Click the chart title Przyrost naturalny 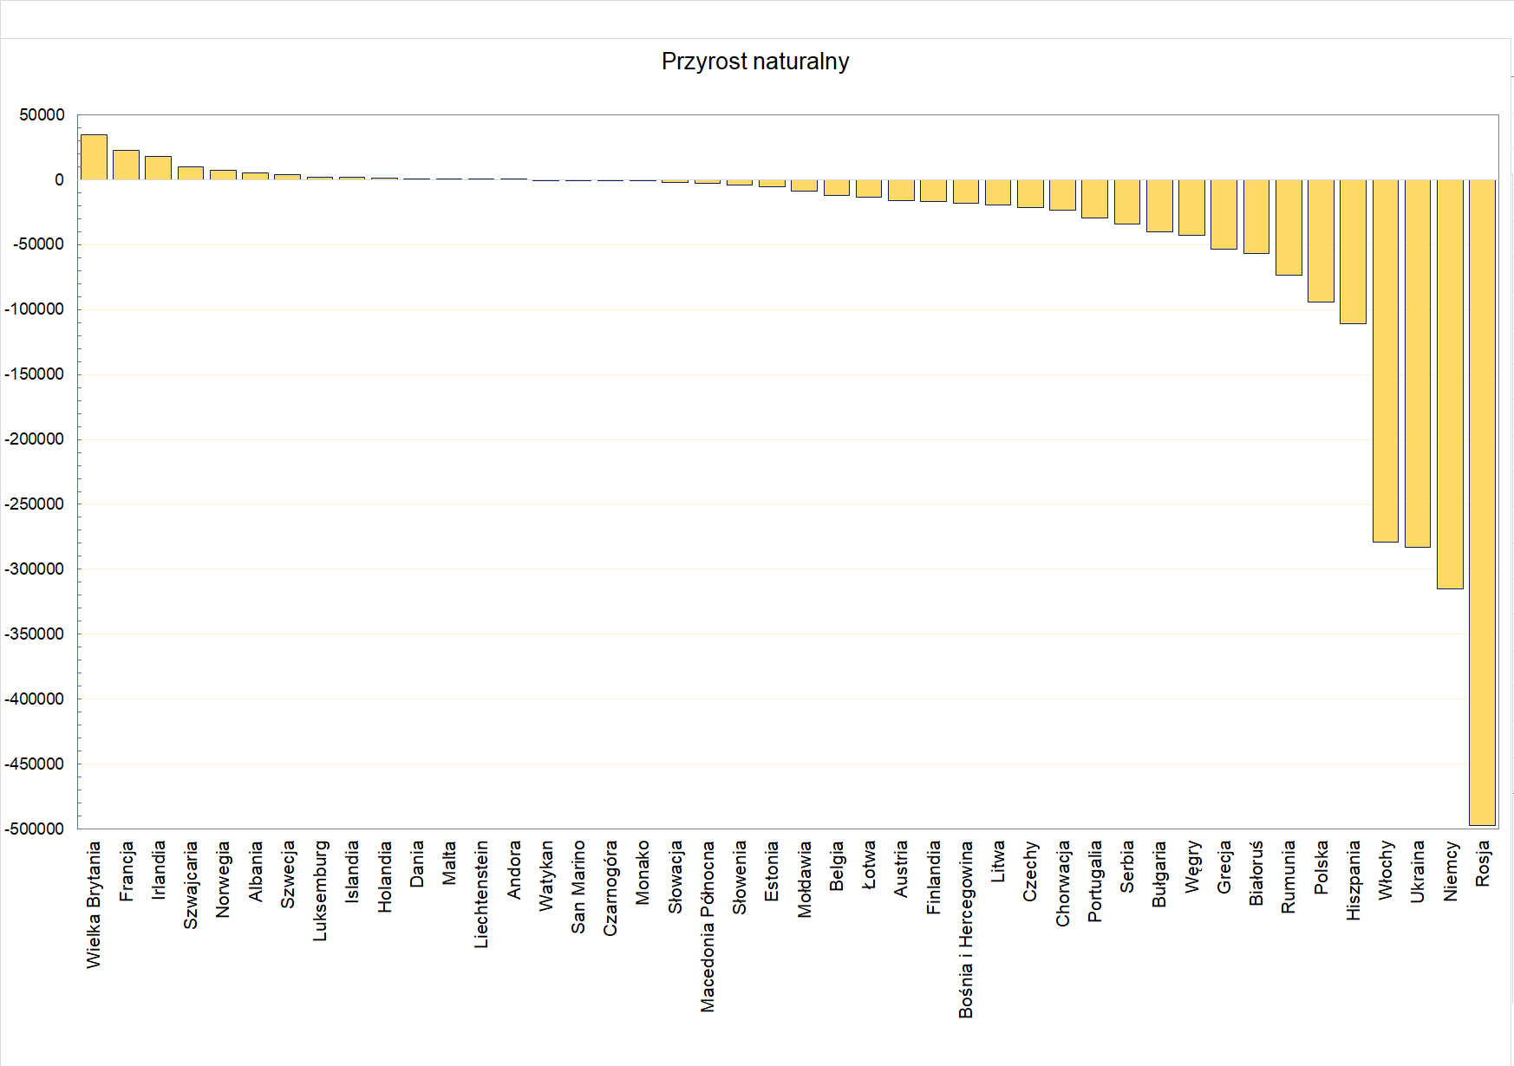click(x=754, y=62)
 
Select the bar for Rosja click(x=1482, y=503)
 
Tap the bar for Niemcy click(x=1450, y=384)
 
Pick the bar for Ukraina click(x=1418, y=363)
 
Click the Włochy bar click(x=1386, y=361)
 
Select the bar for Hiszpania click(x=1353, y=251)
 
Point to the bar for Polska click(x=1321, y=241)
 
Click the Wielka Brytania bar click(x=94, y=158)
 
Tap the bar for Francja click(x=126, y=166)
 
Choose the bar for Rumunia click(x=1289, y=227)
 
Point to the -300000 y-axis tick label click(x=35, y=569)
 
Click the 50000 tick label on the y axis click(x=42, y=115)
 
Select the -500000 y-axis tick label click(x=35, y=829)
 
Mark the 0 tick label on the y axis click(x=59, y=180)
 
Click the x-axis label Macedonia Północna click(x=708, y=926)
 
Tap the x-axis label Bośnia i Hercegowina click(x=966, y=929)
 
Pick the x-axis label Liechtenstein click(x=481, y=894)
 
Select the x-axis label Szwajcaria click(x=191, y=884)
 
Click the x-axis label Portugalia click(x=1094, y=881)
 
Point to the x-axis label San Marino click(x=578, y=887)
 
